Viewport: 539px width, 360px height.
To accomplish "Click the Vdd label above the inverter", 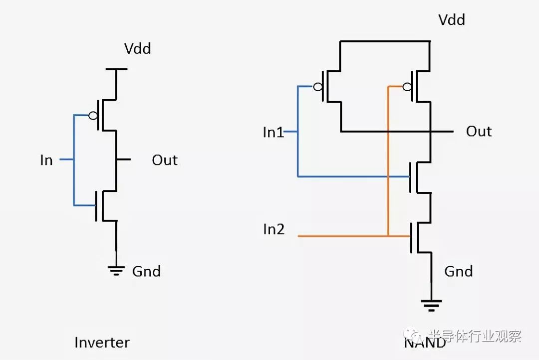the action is point(138,48).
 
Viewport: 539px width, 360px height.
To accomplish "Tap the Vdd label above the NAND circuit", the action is point(452,19).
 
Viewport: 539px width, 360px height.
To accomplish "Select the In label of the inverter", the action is point(46,160).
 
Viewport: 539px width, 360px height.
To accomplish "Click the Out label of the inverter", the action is point(165,160).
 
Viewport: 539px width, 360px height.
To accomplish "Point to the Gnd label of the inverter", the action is point(146,271).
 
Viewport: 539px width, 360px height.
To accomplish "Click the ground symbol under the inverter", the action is point(116,271).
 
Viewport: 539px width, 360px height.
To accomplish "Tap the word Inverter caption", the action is point(102,343).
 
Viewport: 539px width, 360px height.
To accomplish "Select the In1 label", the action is point(273,132).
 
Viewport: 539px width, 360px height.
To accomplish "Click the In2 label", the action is point(273,229).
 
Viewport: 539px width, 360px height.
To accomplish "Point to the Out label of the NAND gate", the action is point(479,132).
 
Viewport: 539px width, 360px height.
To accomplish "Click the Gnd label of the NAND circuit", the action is point(459,271).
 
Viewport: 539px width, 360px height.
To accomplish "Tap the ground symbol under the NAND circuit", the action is point(431,305).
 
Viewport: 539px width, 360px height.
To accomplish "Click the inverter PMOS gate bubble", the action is point(93,115).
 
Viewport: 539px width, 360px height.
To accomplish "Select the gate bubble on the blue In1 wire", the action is point(318,87).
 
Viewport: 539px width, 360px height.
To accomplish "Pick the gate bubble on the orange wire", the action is point(407,87).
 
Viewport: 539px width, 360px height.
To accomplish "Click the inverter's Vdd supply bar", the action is point(116,69).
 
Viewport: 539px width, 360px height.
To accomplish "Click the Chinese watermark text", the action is point(476,336).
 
